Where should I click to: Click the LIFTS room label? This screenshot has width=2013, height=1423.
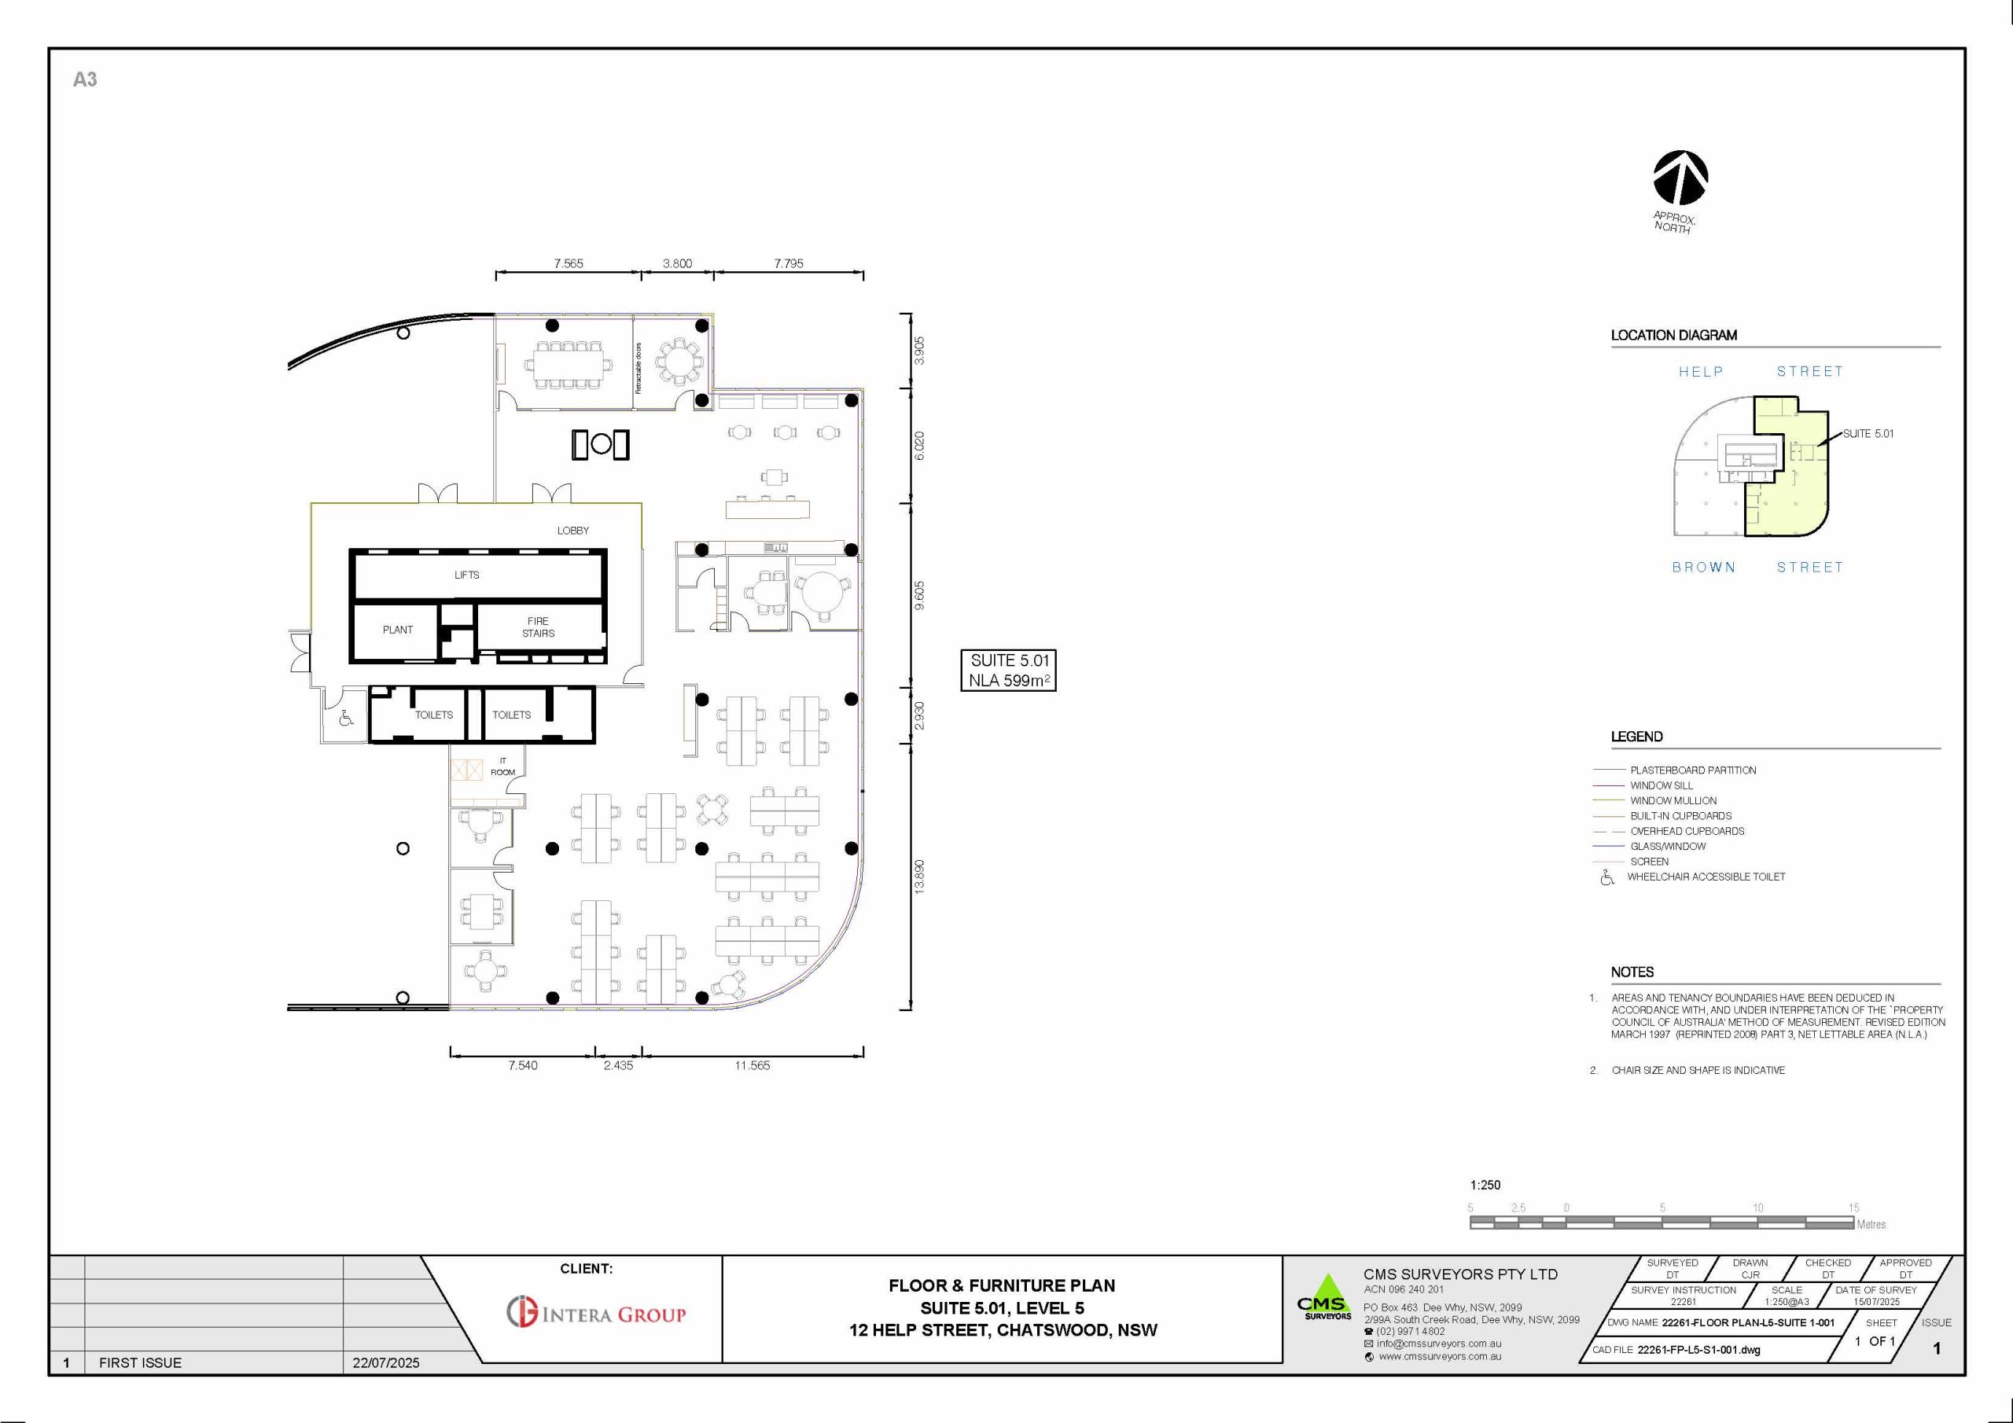tap(466, 575)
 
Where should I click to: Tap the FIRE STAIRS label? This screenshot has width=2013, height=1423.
tap(539, 627)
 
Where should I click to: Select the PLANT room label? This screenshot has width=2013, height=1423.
tap(397, 630)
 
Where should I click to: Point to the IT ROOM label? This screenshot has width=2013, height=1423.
tap(502, 767)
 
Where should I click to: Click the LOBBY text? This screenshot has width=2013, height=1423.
tap(573, 531)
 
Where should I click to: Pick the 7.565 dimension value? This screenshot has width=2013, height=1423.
tap(569, 263)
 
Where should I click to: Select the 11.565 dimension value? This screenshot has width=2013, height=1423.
tap(753, 1065)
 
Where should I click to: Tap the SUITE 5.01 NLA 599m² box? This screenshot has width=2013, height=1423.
tap(1008, 671)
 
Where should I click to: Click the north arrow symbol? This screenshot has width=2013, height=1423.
tap(1680, 178)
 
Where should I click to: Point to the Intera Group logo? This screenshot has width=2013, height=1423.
tap(596, 1312)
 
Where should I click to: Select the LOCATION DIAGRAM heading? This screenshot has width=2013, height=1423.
tap(1674, 335)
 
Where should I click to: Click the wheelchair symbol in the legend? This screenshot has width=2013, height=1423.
tap(1606, 877)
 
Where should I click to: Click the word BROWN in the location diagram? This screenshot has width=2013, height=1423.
tap(1703, 568)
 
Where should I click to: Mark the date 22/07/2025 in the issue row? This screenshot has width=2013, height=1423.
tap(386, 1362)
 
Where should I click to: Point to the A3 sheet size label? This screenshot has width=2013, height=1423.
tap(85, 79)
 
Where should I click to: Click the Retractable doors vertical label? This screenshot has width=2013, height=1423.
tap(638, 368)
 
